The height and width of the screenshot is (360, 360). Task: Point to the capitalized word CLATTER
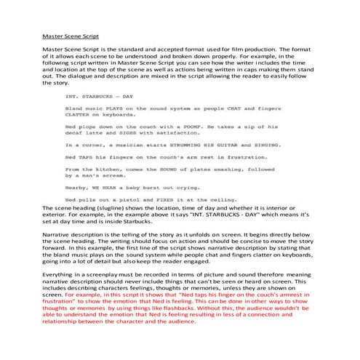click(78, 114)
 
